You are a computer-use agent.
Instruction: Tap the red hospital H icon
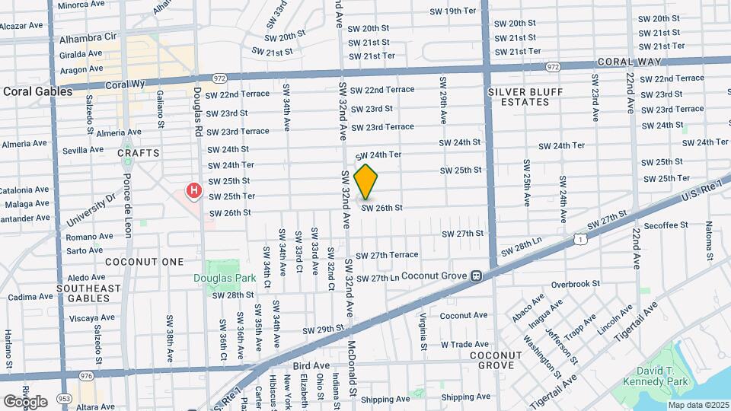[x=194, y=190]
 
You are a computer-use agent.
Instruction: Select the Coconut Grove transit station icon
[x=476, y=276]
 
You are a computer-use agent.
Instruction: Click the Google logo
[x=25, y=401]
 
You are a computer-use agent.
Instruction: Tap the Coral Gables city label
[x=37, y=91]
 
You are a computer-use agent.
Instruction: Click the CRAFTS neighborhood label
[x=139, y=153]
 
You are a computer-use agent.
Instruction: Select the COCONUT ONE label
[x=145, y=262]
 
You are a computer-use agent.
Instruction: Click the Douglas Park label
[x=223, y=279]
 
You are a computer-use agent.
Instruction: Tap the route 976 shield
[x=87, y=376]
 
